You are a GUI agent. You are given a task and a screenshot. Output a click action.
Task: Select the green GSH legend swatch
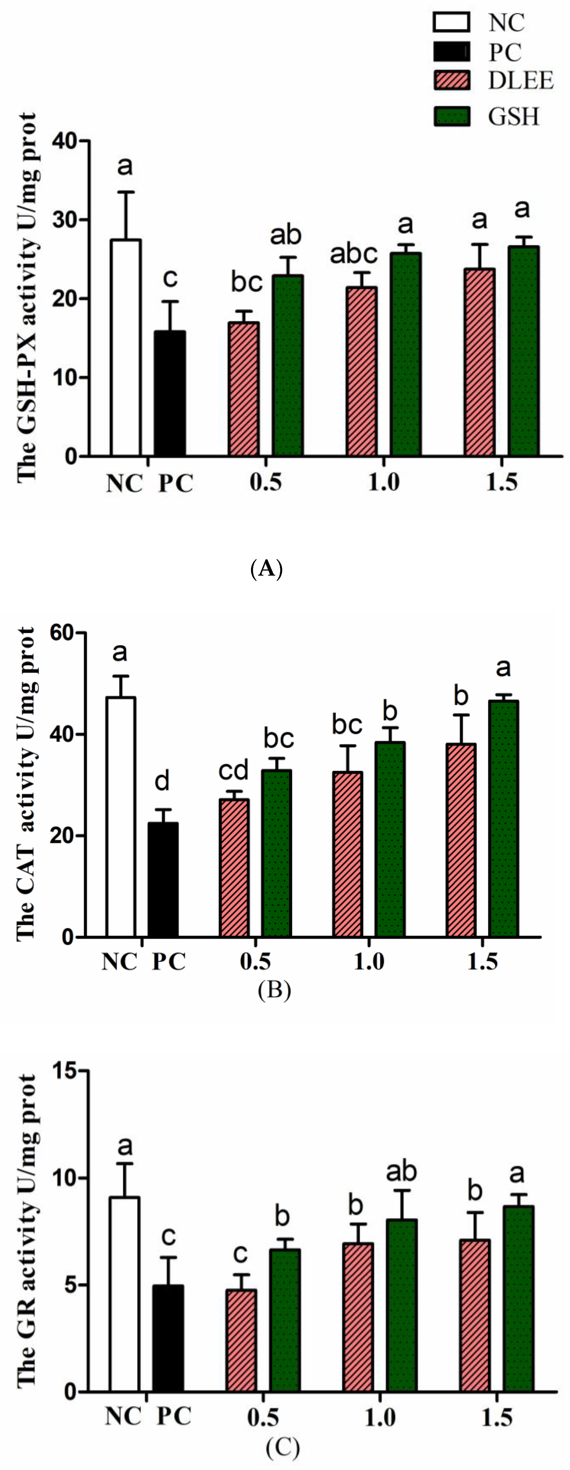pyautogui.click(x=452, y=116)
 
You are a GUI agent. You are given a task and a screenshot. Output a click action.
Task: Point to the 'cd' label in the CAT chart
pyautogui.click(x=234, y=770)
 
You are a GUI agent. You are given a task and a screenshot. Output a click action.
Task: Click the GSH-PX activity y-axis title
pyautogui.click(x=27, y=297)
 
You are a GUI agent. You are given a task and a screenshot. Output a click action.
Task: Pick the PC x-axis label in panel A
pyautogui.click(x=175, y=484)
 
